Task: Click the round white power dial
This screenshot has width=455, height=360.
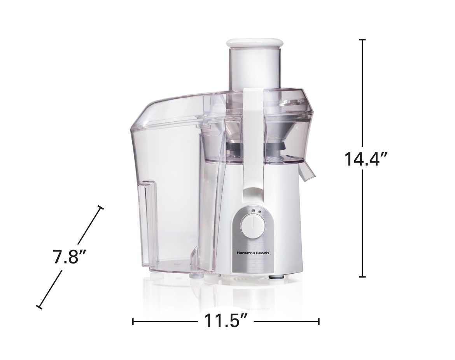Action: (253, 227)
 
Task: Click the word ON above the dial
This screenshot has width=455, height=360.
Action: (260, 211)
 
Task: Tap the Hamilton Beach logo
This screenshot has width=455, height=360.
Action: (253, 253)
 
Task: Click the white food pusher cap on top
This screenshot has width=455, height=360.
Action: (254, 43)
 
